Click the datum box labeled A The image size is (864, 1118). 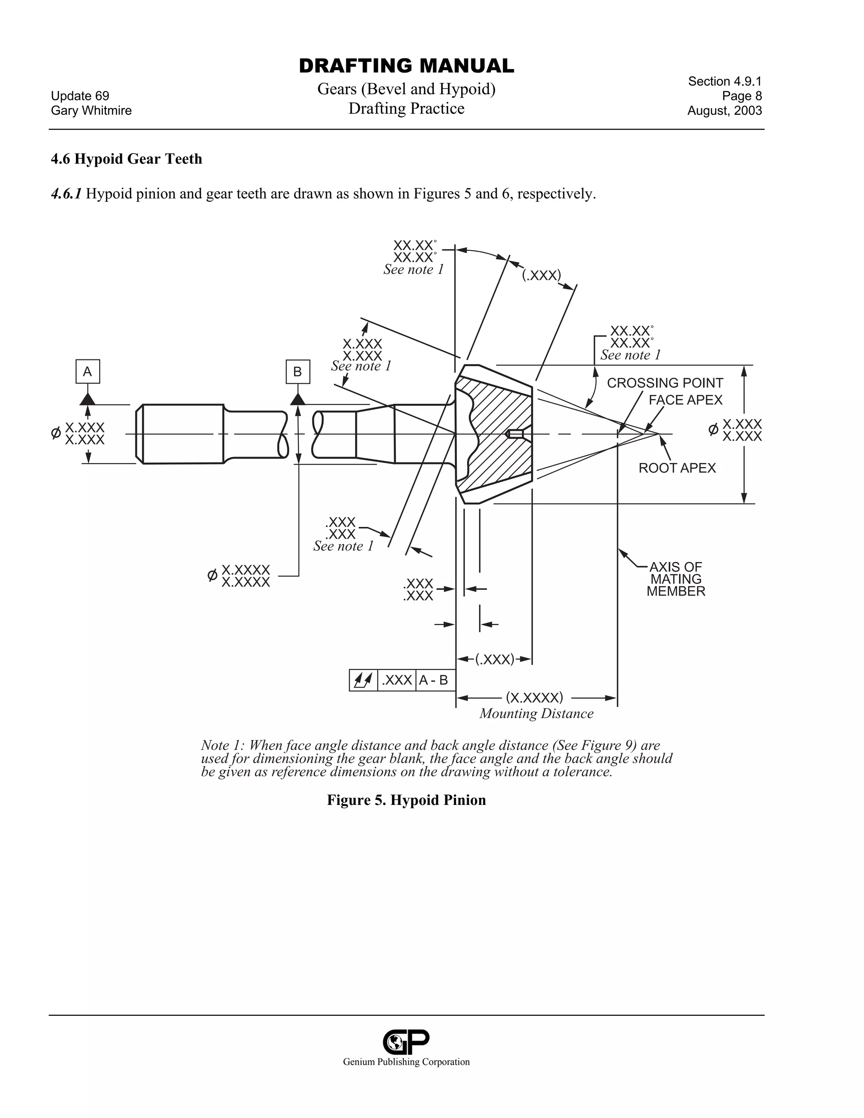[87, 372]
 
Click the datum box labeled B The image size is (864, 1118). [297, 372]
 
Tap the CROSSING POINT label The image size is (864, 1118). [664, 383]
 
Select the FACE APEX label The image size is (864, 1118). [686, 400]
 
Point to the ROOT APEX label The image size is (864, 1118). [677, 468]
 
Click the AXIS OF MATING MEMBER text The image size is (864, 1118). [676, 579]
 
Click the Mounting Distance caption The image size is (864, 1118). [536, 713]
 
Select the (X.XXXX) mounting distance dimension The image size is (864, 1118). [535, 697]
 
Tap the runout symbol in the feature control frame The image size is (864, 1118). [363, 681]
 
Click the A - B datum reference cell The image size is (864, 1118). [434, 681]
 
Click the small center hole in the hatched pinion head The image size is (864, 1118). [515, 434]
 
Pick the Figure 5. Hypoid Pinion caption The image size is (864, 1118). [406, 800]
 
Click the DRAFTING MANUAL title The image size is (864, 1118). [406, 66]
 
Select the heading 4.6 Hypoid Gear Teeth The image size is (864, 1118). [127, 159]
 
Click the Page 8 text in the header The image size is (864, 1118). [742, 96]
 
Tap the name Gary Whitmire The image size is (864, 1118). [91, 111]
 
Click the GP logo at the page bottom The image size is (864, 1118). [406, 1041]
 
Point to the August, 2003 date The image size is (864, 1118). [724, 111]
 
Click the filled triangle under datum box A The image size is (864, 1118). [87, 399]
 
